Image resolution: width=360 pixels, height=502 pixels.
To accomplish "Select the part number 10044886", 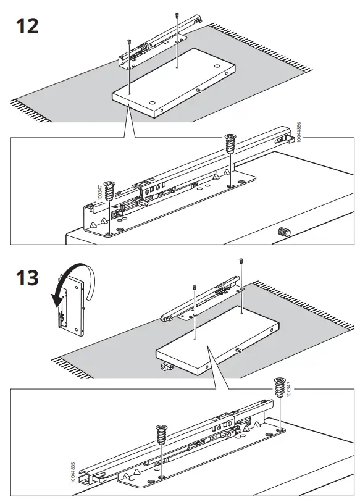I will click(299, 132).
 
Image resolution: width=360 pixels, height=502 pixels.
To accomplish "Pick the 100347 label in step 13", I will click(288, 391).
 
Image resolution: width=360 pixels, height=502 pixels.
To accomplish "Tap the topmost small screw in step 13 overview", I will click(240, 262).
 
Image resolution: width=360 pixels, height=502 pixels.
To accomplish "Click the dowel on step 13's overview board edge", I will click(238, 349).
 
